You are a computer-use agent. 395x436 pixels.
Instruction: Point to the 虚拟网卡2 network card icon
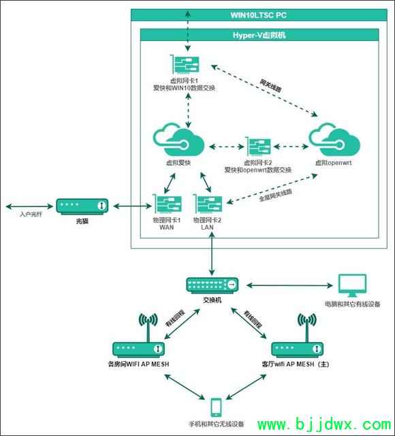[258, 148]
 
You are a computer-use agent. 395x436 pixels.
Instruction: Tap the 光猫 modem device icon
[82, 205]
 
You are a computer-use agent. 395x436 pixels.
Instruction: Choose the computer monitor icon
[352, 285]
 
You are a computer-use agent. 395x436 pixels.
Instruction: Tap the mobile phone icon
[217, 407]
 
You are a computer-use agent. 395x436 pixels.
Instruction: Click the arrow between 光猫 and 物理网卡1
[129, 205]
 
